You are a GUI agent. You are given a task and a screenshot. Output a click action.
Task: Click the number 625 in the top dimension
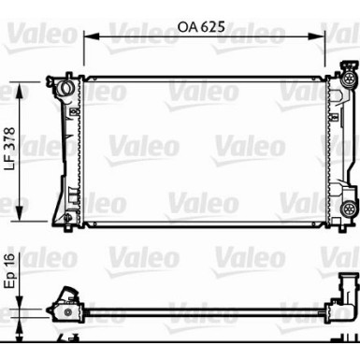tap(212, 27)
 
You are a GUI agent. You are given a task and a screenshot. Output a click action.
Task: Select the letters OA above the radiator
tap(187, 27)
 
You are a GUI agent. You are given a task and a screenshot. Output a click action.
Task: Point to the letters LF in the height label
tap(10, 165)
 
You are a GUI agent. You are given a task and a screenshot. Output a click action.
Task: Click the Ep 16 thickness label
tap(10, 270)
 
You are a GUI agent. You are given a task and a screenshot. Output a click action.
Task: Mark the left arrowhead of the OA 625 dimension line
tap(92, 36)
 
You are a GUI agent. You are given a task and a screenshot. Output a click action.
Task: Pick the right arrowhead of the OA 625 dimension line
tap(317, 36)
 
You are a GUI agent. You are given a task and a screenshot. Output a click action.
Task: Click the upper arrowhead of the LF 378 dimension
tap(20, 90)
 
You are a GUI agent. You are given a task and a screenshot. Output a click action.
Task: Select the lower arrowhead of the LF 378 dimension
tap(20, 213)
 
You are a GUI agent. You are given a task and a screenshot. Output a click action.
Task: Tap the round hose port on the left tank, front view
tap(65, 87)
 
